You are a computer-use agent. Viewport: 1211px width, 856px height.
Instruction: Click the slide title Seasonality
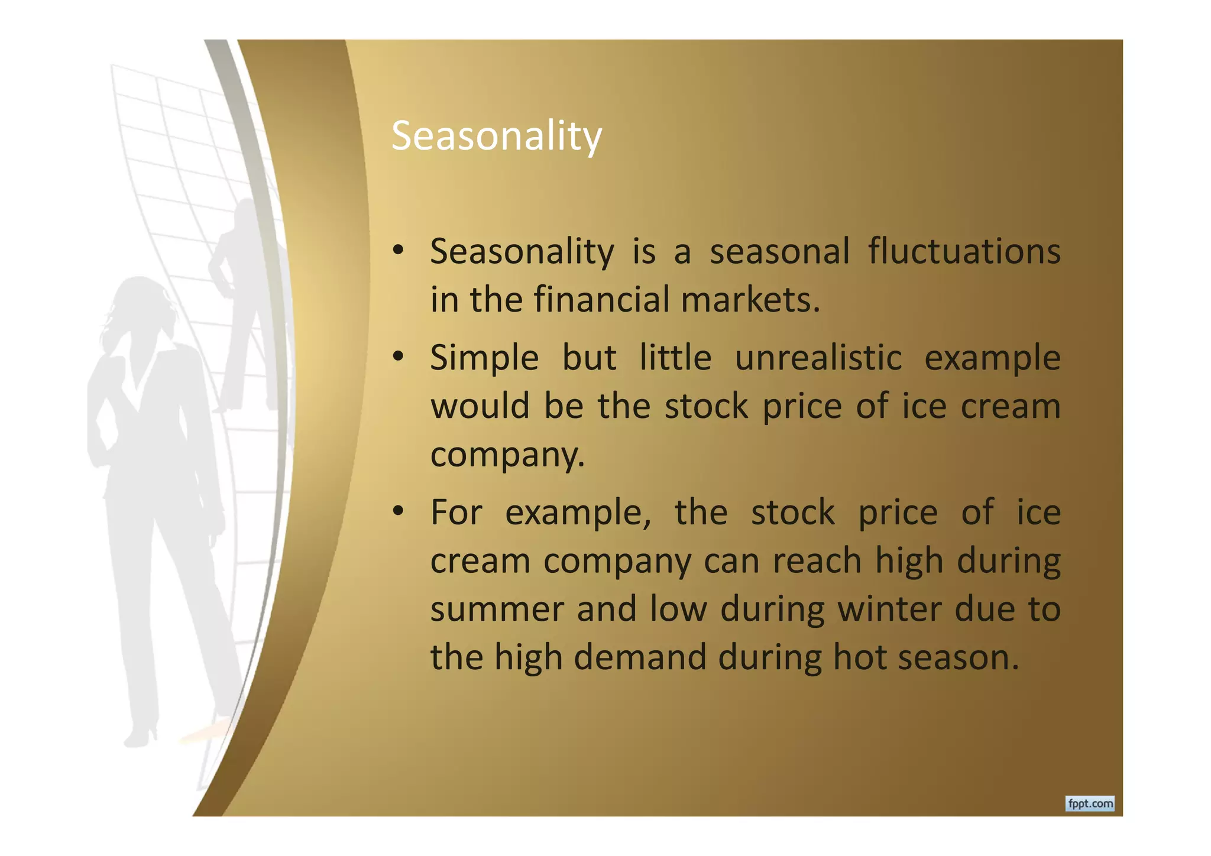pyautogui.click(x=496, y=137)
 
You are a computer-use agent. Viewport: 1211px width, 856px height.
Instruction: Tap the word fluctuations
pyautogui.click(x=964, y=251)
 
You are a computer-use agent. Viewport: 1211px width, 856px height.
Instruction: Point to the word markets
pyautogui.click(x=750, y=300)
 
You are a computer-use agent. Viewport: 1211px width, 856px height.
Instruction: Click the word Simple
pyautogui.click(x=484, y=358)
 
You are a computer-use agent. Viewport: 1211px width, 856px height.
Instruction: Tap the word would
pyautogui.click(x=480, y=407)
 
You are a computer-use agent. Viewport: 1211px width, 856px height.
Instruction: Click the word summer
pyautogui.click(x=496, y=609)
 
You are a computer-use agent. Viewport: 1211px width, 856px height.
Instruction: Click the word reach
pyautogui.click(x=817, y=560)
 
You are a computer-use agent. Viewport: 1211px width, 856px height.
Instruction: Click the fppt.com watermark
pyautogui.click(x=1090, y=804)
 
